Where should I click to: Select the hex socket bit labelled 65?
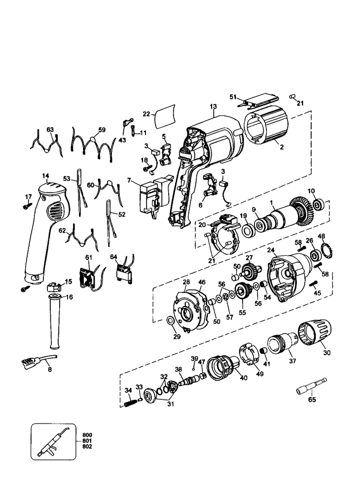(x=311, y=385)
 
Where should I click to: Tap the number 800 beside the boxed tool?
(x=87, y=435)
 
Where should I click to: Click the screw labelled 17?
(x=27, y=207)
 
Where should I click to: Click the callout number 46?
(x=202, y=282)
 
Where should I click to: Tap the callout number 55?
(x=242, y=312)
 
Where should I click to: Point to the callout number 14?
(x=45, y=176)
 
